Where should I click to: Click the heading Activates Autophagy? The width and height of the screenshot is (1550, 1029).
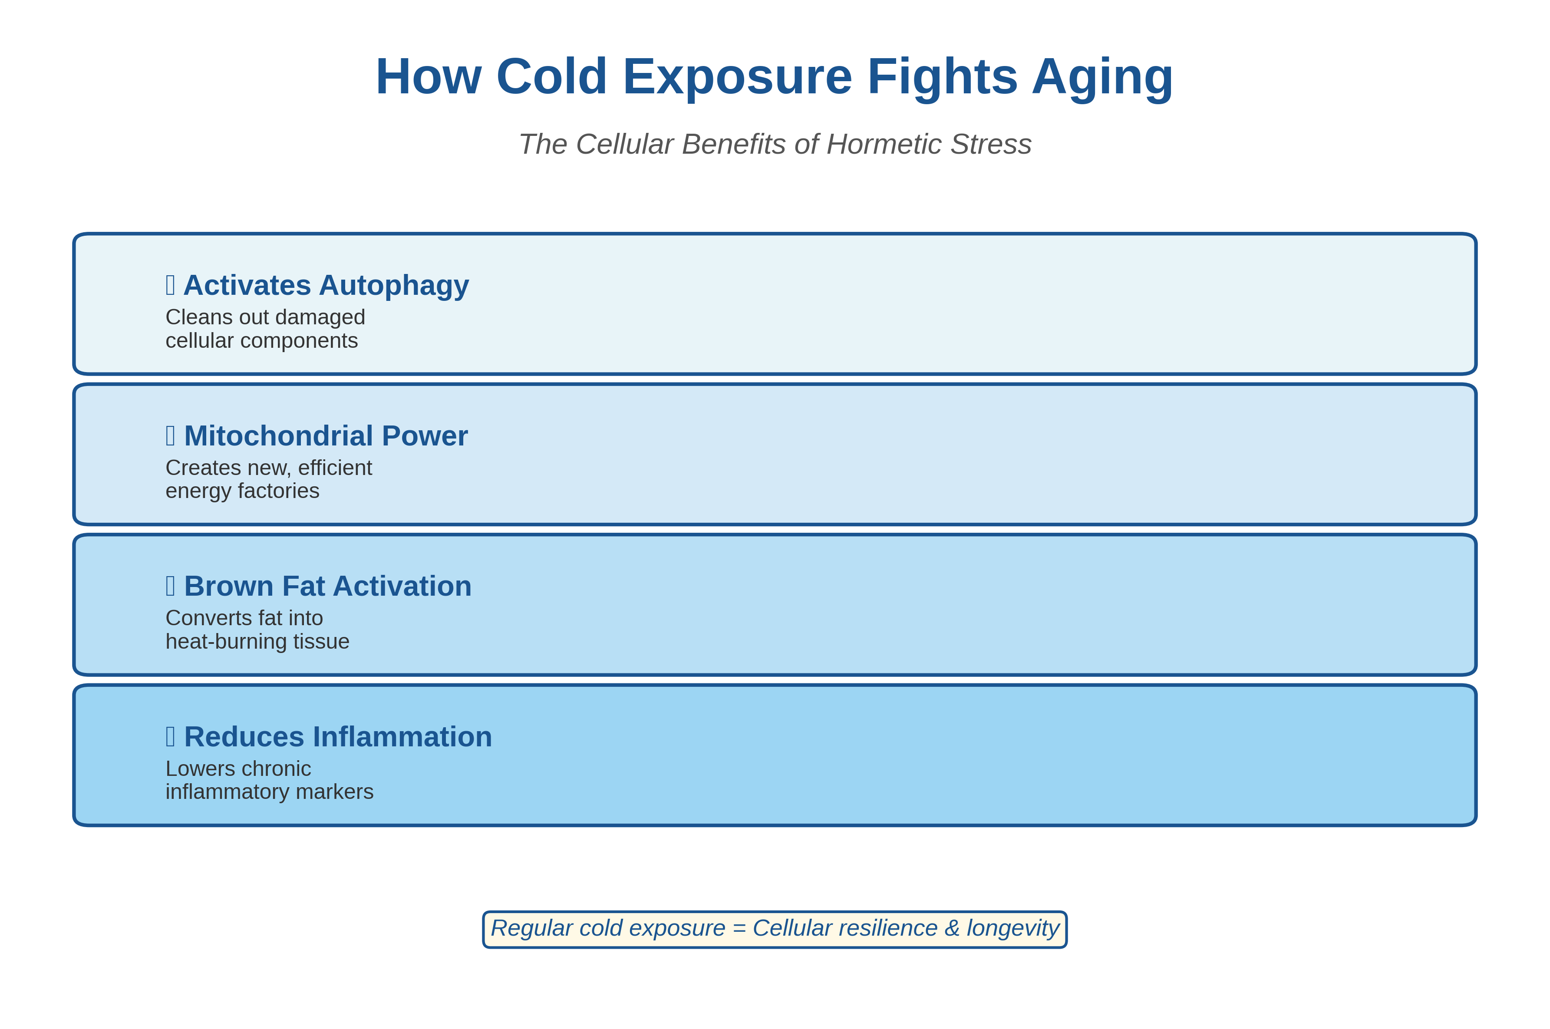[326, 285]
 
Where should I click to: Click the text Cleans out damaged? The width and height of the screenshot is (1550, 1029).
[265, 317]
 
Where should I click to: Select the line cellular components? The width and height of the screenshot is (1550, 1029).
[261, 340]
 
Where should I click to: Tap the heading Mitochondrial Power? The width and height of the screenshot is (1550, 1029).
[326, 436]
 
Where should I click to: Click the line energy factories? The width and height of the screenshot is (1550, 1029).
[242, 491]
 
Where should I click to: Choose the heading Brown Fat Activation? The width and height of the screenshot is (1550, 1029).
[327, 586]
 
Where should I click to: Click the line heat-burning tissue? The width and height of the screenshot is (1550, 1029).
[257, 641]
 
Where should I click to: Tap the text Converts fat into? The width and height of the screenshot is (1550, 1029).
[244, 618]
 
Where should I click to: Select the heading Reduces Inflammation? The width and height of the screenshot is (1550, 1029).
[338, 736]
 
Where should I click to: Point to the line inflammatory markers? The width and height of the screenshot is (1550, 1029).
[269, 792]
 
